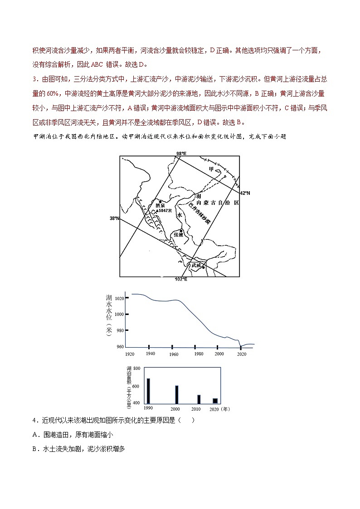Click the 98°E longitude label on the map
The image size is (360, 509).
[181, 154]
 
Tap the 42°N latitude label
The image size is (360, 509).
[245, 193]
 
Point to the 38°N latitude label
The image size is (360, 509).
[114, 218]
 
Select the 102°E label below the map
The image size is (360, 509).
[180, 279]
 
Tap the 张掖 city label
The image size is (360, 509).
[178, 235]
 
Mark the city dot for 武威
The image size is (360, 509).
[204, 267]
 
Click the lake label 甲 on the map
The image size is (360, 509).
[211, 169]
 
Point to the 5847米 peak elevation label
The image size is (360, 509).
[165, 211]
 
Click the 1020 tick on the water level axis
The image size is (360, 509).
[119, 298]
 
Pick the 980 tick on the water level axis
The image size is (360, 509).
[120, 330]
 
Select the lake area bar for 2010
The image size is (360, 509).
[199, 399]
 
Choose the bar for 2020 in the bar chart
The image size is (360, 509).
[215, 401]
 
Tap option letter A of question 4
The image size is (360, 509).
[35, 435]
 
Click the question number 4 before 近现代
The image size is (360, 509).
[34, 420]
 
